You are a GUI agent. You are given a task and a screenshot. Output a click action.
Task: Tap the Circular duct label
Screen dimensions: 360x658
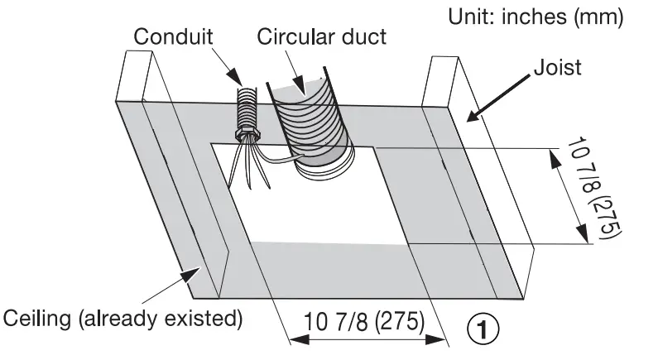coord(321,37)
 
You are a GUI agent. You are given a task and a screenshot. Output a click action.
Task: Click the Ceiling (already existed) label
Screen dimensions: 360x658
coord(122,318)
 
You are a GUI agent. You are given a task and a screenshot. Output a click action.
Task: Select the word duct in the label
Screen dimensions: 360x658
coord(363,37)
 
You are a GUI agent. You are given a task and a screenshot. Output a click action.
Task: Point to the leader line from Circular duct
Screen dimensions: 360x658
coord(297,68)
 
